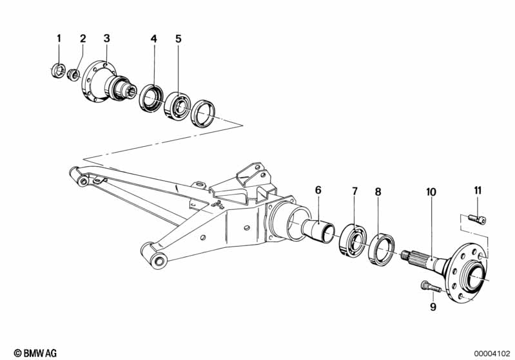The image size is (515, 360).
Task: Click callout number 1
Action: [x=59, y=39]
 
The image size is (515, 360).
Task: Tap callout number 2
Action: [x=83, y=39]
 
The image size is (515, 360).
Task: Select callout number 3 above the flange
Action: [x=107, y=39]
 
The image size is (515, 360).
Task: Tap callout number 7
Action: [x=354, y=191]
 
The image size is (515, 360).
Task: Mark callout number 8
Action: [x=378, y=191]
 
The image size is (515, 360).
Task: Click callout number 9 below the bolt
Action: [x=433, y=307]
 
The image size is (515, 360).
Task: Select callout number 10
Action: [x=431, y=191]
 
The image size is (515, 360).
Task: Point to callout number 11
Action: [x=478, y=190]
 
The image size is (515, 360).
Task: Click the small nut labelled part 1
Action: [x=57, y=70]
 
